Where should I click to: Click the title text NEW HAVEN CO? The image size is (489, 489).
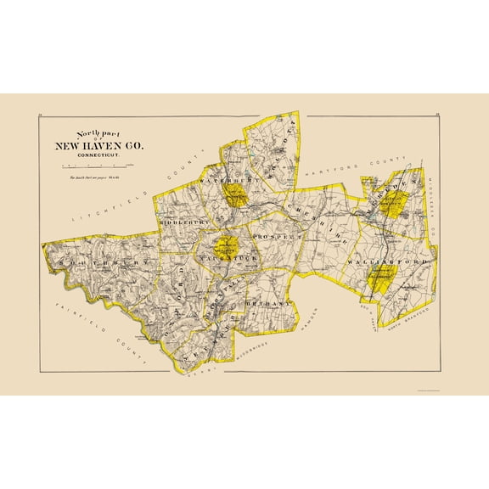(100, 146)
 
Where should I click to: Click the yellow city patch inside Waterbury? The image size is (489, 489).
(237, 199)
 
